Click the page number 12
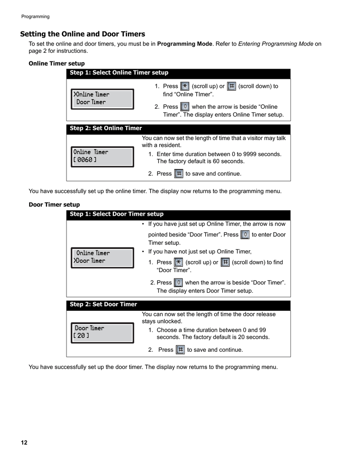24,443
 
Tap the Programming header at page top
35,17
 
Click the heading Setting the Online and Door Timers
82,34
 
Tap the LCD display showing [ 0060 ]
102,156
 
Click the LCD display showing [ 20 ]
102,332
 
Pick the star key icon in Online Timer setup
185,86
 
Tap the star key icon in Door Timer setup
178,262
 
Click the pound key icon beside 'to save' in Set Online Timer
179,173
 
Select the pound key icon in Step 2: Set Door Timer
180,349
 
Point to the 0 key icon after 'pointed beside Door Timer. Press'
245,234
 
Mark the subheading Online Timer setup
56,64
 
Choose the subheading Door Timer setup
54,205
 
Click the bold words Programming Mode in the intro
185,44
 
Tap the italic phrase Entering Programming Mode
276,44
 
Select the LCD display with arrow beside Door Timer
102,257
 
